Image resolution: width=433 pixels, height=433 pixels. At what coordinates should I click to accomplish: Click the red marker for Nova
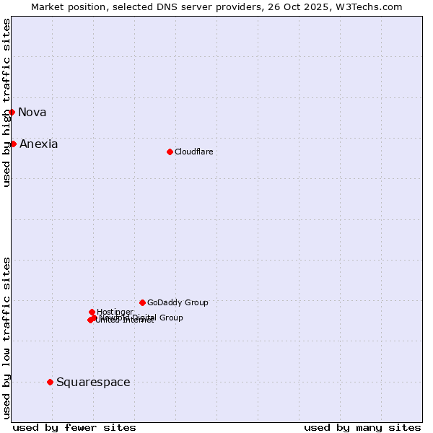point(12,112)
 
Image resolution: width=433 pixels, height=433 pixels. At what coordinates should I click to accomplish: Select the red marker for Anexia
point(13,144)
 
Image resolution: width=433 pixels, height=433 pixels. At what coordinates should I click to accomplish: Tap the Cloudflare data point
point(170,152)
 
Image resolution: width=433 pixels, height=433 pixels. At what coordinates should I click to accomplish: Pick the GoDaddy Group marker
point(142,302)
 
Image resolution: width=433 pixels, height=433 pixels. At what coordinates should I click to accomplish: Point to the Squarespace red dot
point(50,382)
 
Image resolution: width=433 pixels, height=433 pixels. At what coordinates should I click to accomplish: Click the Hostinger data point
point(92,312)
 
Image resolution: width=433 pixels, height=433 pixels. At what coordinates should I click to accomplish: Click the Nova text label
point(32,112)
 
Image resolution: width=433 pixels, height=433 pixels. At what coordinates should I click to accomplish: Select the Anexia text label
point(38,144)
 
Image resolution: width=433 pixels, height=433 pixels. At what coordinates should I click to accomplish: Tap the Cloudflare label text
point(193,152)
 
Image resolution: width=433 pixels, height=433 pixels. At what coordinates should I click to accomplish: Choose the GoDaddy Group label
point(178,302)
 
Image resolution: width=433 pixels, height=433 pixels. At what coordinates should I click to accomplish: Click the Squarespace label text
point(93,382)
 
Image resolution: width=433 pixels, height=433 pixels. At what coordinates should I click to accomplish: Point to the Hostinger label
point(115,312)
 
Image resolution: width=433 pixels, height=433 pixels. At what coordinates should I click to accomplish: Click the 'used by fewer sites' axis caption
point(74,427)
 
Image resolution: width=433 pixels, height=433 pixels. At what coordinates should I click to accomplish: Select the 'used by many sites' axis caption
point(362,427)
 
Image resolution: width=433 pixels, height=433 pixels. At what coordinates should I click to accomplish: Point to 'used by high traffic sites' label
point(6,102)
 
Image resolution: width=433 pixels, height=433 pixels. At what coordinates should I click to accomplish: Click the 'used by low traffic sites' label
point(6,338)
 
